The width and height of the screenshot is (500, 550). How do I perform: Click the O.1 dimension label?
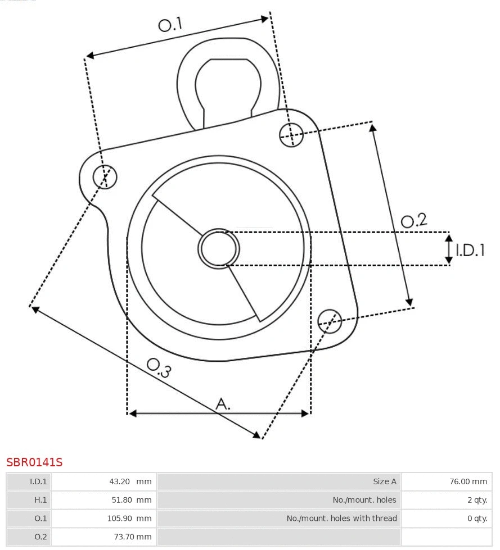170,25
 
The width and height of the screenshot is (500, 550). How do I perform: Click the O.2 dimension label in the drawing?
413,220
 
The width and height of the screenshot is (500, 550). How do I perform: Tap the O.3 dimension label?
159,367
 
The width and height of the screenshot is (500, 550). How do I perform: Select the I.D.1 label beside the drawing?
470,250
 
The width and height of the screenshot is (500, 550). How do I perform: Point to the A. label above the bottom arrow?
223,403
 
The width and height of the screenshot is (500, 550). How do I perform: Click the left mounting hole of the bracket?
105,177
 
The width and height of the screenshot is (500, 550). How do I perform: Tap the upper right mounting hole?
291,134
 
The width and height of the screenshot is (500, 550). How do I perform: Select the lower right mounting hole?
330,321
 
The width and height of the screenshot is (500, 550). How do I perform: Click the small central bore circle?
219,248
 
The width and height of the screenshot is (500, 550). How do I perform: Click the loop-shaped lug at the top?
228,81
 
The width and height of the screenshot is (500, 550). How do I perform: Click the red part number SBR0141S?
34,462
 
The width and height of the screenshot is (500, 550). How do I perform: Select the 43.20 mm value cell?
130,481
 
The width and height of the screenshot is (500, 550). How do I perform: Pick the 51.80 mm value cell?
130,500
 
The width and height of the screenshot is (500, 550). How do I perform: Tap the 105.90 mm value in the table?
129,519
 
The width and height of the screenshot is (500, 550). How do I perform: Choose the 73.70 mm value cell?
133,537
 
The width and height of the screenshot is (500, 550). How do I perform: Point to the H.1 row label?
40,500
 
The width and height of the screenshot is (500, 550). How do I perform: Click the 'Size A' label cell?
384,481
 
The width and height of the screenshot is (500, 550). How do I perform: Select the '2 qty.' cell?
477,500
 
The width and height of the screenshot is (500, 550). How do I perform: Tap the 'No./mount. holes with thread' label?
341,519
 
